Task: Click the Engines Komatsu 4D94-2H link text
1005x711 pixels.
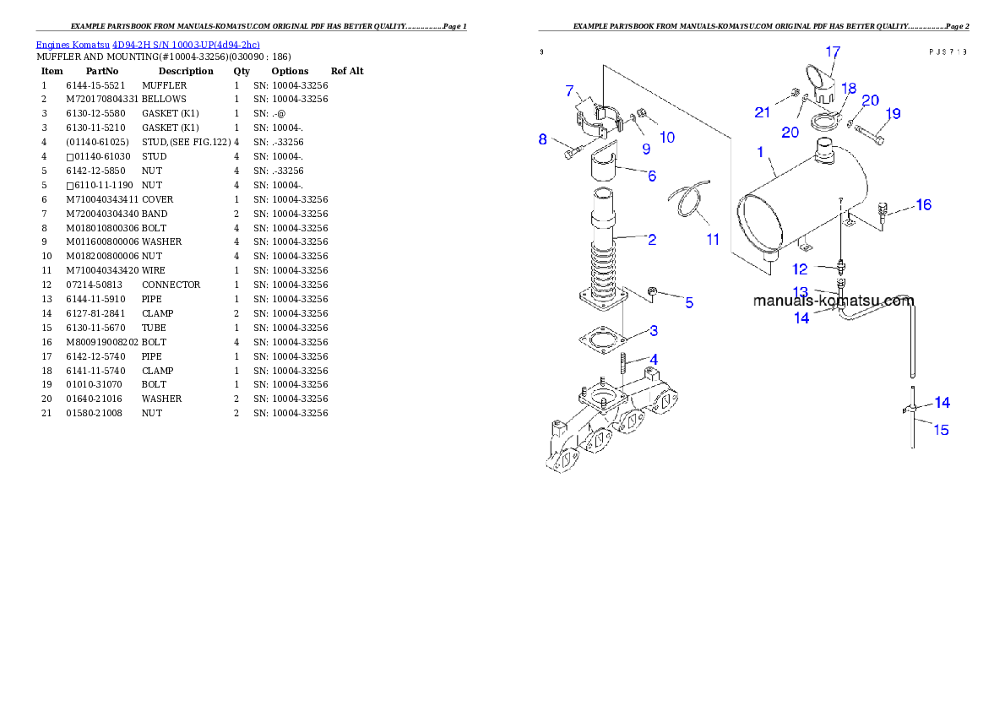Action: click(148, 44)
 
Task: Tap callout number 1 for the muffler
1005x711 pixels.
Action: click(760, 153)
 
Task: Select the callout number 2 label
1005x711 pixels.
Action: click(652, 240)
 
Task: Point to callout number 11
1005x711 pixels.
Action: click(713, 240)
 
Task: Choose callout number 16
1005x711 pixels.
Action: click(924, 205)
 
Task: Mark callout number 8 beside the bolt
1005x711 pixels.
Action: click(543, 139)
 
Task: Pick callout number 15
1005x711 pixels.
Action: click(941, 430)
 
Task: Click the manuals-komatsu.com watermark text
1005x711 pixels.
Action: click(833, 301)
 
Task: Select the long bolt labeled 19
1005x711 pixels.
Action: click(870, 133)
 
